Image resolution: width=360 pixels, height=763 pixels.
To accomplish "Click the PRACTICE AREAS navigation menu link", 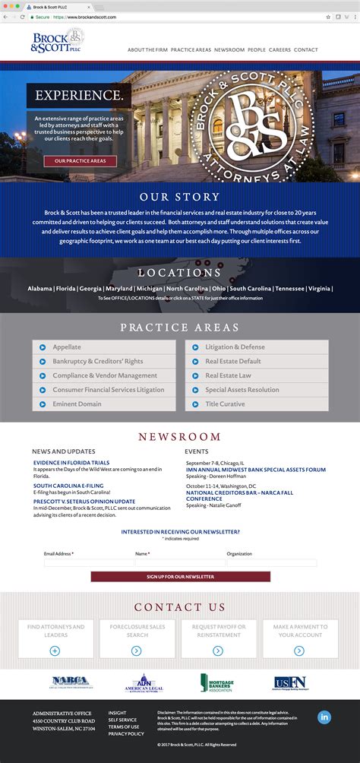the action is pyautogui.click(x=191, y=50).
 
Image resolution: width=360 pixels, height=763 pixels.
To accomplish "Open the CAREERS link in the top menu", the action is pyautogui.click(x=279, y=50).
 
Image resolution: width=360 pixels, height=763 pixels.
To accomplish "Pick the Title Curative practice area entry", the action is pyautogui.click(x=257, y=404).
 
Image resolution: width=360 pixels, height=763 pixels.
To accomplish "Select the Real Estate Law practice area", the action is pyautogui.click(x=257, y=375).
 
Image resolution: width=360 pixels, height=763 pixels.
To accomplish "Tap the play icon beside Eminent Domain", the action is pyautogui.click(x=43, y=404).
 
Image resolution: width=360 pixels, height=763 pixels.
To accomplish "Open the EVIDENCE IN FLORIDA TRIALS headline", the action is pyautogui.click(x=71, y=463).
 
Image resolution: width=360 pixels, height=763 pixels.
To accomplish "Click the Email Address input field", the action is pyautogui.click(x=87, y=563).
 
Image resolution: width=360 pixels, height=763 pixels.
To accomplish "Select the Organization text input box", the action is pyautogui.click(x=271, y=563).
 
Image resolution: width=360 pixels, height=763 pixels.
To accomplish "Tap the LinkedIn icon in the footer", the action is pyautogui.click(x=324, y=717).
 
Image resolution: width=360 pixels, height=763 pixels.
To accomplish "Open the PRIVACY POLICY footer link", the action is pyautogui.click(x=126, y=734).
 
